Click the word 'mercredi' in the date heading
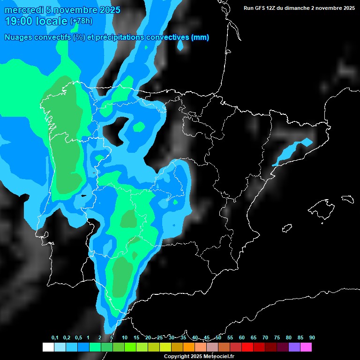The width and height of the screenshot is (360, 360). coord(23,10)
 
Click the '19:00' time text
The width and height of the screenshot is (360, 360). coord(19,21)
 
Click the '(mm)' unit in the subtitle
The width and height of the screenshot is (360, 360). coord(200,37)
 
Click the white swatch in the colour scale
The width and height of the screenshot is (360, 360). coord(48,347)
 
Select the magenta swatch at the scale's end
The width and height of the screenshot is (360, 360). coord(306,347)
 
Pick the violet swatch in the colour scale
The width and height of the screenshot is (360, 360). coord(294,347)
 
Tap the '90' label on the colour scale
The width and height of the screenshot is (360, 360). coord(312,337)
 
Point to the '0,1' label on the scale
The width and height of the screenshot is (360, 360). coord(55,337)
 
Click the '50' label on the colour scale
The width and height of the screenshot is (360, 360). coord(218,337)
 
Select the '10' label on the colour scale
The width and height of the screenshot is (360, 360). coord(125,337)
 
